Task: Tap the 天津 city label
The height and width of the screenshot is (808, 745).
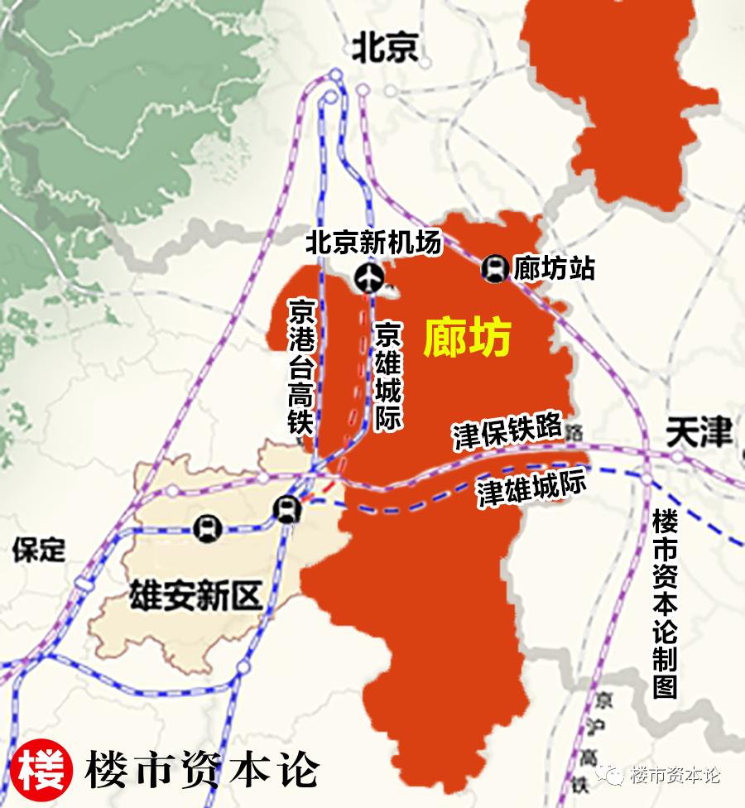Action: coord(699,433)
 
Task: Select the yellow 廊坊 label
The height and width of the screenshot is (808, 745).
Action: coord(468,337)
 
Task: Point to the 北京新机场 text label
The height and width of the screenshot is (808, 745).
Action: coord(373,243)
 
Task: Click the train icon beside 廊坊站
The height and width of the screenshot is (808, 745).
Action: coord(494,267)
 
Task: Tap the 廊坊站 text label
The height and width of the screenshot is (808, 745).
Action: coord(554,267)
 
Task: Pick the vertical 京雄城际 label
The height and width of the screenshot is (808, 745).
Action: coord(387,376)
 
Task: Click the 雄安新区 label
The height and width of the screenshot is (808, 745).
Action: coord(195,595)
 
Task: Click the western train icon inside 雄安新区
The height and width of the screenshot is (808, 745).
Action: coord(205,527)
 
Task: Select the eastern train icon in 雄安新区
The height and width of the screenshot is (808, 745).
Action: coord(286,509)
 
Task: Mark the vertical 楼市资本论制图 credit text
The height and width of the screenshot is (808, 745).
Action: coord(665,604)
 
